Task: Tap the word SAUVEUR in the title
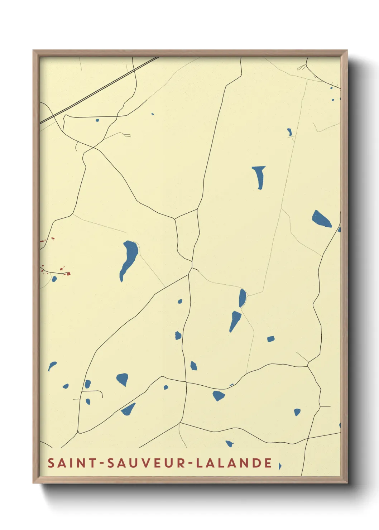[x=147, y=463]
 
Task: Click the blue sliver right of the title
[x=280, y=466]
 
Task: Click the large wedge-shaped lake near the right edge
[x=321, y=219]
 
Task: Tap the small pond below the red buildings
[x=54, y=279]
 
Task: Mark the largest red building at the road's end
[x=68, y=274]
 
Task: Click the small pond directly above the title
[x=229, y=444]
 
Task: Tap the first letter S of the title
[x=51, y=463]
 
